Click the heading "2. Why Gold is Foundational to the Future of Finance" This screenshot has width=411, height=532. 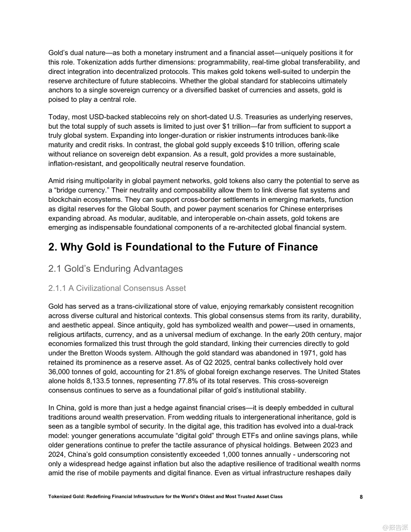coord(183,247)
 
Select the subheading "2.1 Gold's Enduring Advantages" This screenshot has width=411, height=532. coord(115,269)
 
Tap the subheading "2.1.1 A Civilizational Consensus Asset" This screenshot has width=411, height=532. coord(117,288)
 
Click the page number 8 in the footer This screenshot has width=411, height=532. coord(361,497)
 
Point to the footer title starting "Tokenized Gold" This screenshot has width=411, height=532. coord(165,497)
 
